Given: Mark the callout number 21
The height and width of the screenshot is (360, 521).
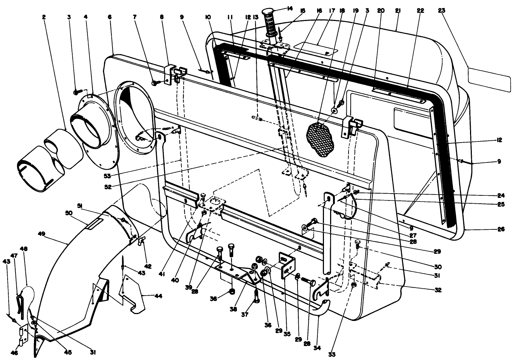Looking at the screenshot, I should pyautogui.click(x=397, y=11).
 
